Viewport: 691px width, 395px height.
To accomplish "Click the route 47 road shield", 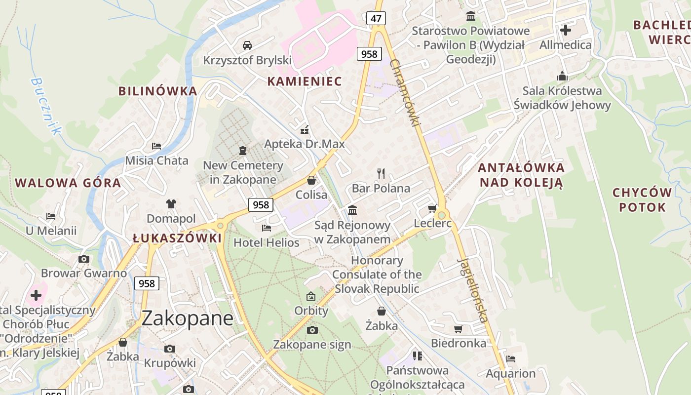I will click(x=376, y=19).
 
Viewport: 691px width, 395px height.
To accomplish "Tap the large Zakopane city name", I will click(x=187, y=318).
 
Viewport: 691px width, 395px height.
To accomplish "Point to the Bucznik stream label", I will click(x=46, y=106).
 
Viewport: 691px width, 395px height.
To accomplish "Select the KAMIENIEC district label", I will click(x=305, y=81).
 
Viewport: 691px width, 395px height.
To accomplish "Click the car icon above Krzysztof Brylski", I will click(x=247, y=45).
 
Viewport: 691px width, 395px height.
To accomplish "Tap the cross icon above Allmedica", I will click(x=565, y=30).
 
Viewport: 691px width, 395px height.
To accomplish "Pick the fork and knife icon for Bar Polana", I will click(x=381, y=173).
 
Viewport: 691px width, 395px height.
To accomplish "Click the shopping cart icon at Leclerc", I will click(x=432, y=209).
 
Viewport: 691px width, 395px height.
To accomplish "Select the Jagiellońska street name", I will click(x=472, y=290).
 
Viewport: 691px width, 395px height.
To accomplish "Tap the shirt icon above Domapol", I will click(x=171, y=203).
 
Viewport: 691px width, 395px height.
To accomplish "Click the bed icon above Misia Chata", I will click(x=156, y=146).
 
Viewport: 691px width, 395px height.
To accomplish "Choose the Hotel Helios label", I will click(x=266, y=242).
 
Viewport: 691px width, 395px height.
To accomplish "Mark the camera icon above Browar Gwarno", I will click(x=83, y=259).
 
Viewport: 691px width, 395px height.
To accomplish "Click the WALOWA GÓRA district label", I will click(x=68, y=183).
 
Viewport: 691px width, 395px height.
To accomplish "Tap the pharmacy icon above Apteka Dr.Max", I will click(x=305, y=130).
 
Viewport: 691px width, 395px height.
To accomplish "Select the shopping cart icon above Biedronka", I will click(x=458, y=329).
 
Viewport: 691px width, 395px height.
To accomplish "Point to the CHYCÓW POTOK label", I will click(x=642, y=199).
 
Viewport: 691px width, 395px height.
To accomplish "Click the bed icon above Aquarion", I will click(x=510, y=359).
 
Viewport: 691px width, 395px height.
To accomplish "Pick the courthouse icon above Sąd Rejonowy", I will click(x=352, y=210).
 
